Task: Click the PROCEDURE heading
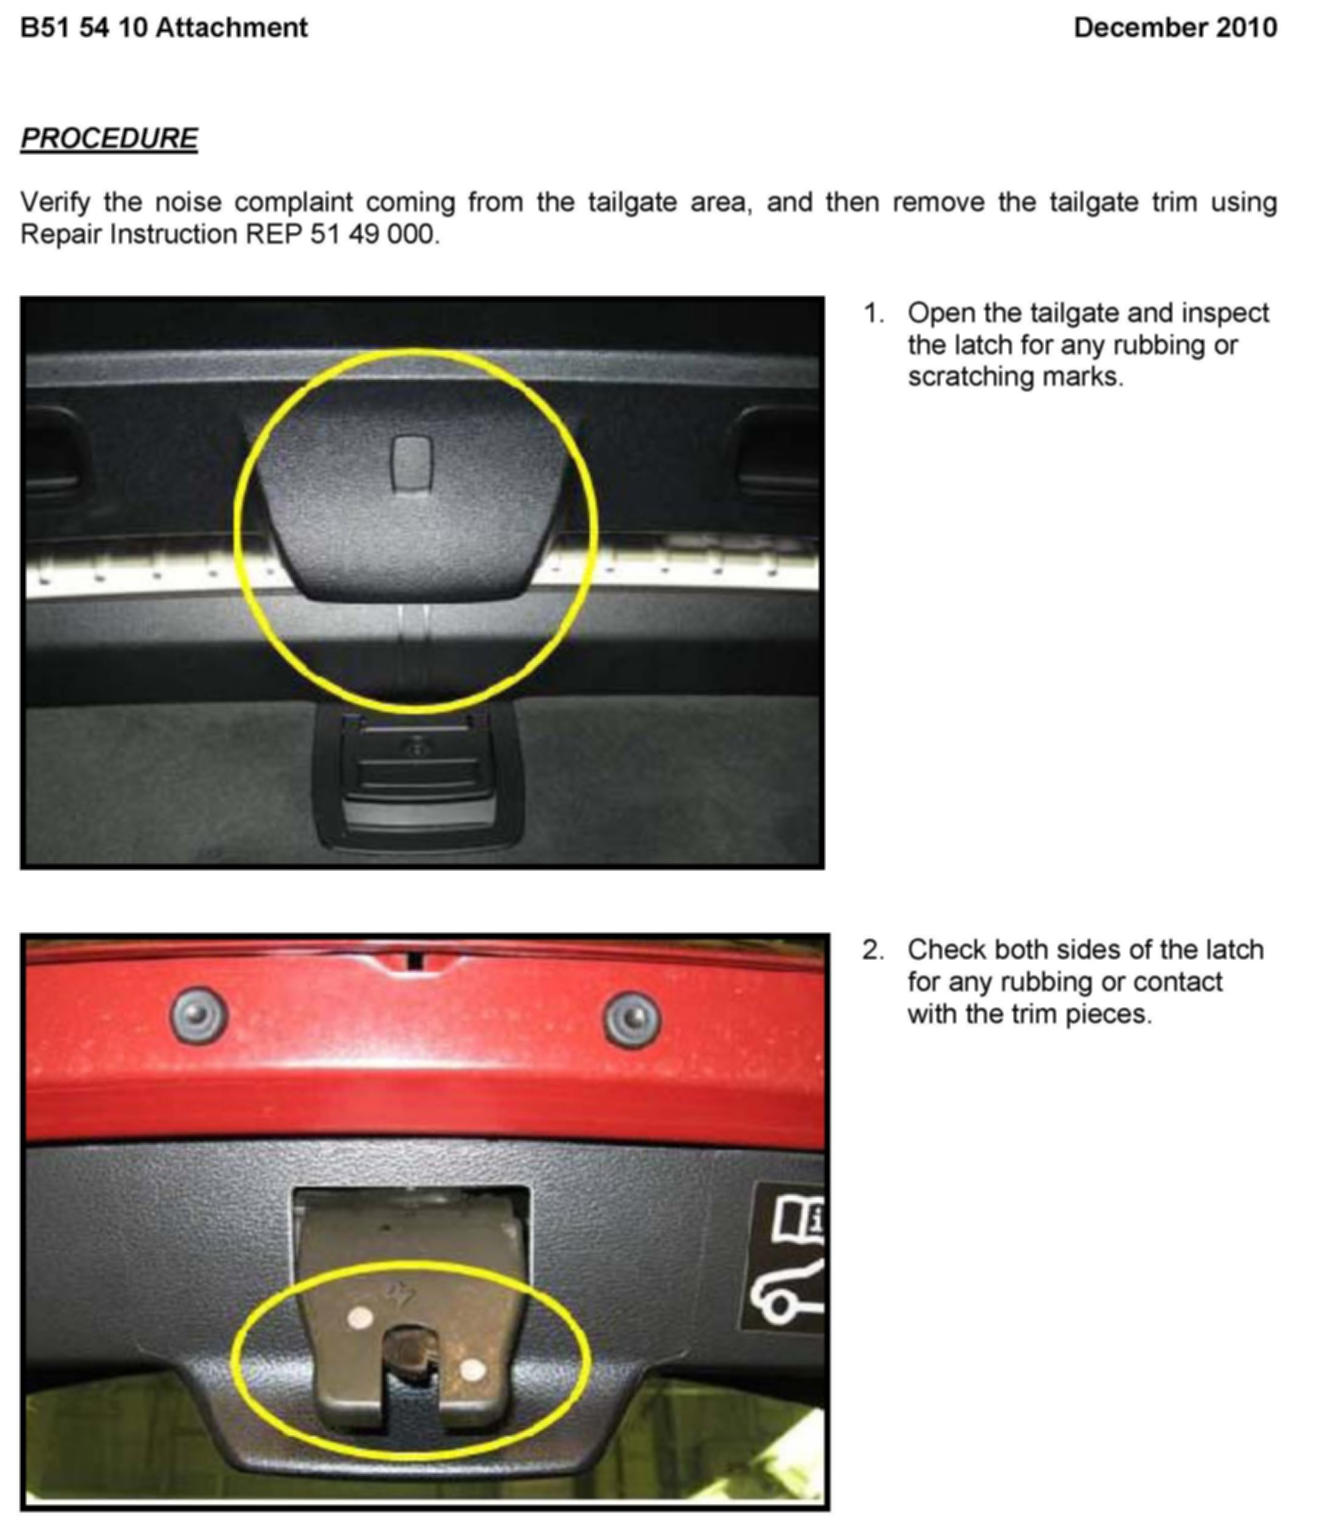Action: (109, 138)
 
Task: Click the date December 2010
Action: (1175, 27)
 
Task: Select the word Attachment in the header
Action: (232, 27)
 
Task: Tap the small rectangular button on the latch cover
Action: (411, 463)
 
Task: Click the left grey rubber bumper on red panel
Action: (199, 1015)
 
